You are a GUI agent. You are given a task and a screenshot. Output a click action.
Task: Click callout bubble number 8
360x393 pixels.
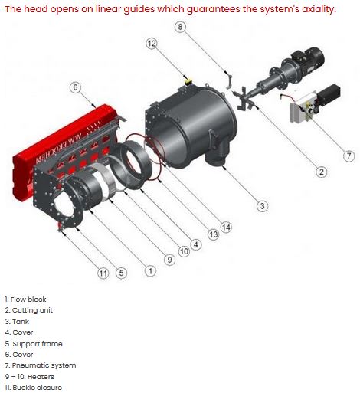pos(180,27)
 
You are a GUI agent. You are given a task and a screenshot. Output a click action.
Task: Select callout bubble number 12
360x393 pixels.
pos(152,44)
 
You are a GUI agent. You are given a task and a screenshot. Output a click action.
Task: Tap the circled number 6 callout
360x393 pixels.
pos(75,87)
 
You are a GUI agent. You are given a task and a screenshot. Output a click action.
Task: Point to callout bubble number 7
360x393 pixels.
pos(349,156)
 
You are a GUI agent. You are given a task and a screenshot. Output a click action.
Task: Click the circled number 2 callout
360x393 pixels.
pos(322,172)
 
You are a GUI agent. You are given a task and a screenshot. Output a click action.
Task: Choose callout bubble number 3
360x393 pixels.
pos(262,206)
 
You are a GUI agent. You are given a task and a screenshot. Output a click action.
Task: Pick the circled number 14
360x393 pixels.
pos(226,227)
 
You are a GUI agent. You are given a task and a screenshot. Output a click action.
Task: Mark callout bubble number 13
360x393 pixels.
pos(214,234)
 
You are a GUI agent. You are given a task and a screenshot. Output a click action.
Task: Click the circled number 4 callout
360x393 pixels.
pos(196,244)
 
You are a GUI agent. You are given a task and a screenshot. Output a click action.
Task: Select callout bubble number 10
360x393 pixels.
pos(184,252)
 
